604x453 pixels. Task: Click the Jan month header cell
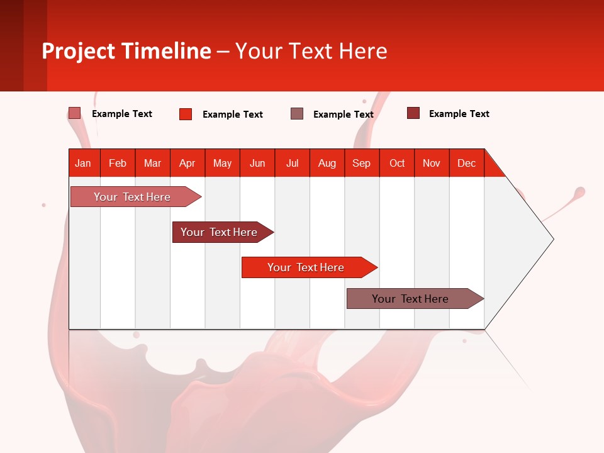pos(84,163)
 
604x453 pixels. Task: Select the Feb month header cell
pos(118,163)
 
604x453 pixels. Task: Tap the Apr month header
pos(187,163)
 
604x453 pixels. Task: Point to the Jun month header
pos(257,163)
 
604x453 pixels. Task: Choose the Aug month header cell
pos(327,163)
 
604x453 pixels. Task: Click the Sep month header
pos(362,163)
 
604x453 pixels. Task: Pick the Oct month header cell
pos(397,163)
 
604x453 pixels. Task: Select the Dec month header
pos(467,163)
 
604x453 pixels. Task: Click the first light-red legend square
pos(74,113)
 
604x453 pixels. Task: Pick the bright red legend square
pos(186,114)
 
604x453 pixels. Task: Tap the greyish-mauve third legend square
pos(297,113)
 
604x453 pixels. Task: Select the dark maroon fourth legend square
pos(413,113)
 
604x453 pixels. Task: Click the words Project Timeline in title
pos(126,51)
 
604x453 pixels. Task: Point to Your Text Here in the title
pos(311,51)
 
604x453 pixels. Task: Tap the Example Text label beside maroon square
pos(459,114)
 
